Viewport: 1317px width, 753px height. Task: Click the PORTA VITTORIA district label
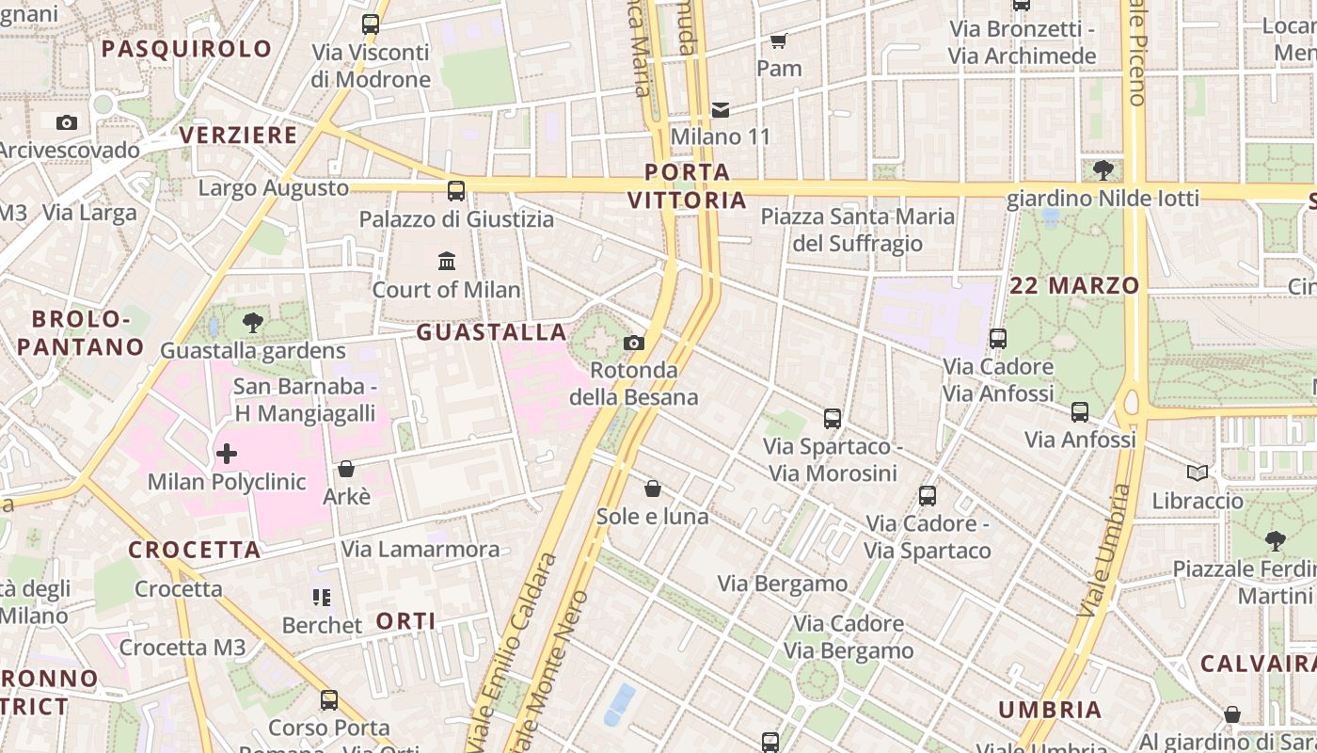[x=687, y=185]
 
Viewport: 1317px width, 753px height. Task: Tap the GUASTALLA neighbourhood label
[x=492, y=332]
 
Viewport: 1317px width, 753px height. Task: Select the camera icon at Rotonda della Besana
[x=634, y=343]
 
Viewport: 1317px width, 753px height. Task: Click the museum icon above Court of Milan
[x=447, y=261]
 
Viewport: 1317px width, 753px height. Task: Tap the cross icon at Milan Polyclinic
[x=227, y=455]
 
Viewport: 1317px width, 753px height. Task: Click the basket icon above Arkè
[x=346, y=469]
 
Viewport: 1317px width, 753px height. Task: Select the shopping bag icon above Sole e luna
[x=653, y=489]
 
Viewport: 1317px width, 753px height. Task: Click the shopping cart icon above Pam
[x=778, y=40]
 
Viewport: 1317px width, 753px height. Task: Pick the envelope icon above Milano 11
[x=721, y=110]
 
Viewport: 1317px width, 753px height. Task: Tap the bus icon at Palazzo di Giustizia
[x=456, y=191]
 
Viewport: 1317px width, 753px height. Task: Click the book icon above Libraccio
[x=1197, y=473]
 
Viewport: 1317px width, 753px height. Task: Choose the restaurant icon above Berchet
[x=321, y=598]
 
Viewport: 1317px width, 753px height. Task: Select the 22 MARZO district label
[x=1074, y=285]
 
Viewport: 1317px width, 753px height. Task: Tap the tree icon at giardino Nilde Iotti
[x=1103, y=170]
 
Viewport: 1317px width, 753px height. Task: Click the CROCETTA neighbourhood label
[x=194, y=551]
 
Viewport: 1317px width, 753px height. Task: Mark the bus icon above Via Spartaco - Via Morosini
[x=833, y=419]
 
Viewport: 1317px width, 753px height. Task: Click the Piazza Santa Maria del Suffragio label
[x=858, y=231]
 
